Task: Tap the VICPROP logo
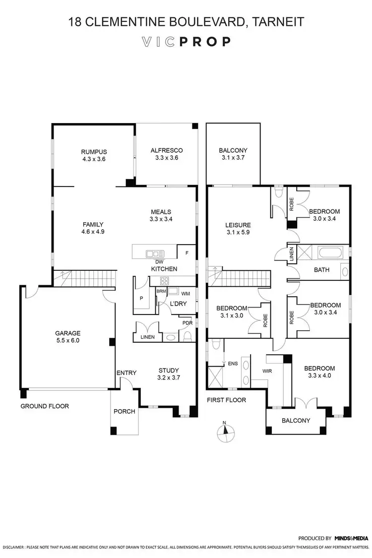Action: tap(186, 42)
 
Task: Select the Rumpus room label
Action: tap(94, 155)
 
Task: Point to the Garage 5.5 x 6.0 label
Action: tap(68, 337)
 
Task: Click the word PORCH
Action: tap(124, 411)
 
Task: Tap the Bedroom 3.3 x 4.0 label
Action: tap(319, 372)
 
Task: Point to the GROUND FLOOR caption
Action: tap(45, 406)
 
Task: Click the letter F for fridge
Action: tap(186, 253)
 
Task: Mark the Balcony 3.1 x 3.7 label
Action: tap(233, 154)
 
